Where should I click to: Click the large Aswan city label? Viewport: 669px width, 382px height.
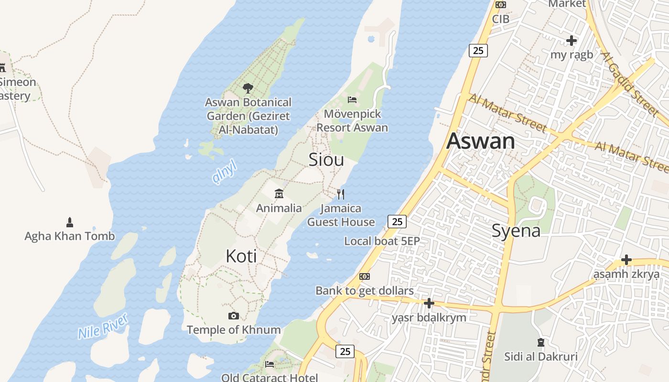coord(481,141)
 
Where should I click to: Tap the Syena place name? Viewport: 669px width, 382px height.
coord(516,231)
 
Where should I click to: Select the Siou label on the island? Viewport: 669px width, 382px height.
coord(326,159)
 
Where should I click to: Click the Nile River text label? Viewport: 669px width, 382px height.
coord(103,326)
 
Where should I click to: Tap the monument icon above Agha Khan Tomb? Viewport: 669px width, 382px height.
coord(70,222)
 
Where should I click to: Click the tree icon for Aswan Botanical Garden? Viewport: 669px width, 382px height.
coord(248,88)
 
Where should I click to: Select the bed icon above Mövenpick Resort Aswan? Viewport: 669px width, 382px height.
coord(352,100)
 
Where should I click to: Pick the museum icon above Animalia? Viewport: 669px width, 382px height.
coord(279,193)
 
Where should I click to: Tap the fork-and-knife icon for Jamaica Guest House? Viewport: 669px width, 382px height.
coord(341,194)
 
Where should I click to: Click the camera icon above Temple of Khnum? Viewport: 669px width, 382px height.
coord(234,316)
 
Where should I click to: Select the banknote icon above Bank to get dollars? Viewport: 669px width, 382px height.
coord(365,276)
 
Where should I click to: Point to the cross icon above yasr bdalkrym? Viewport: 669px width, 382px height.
coord(429,303)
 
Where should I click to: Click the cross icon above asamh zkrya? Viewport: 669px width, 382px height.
coord(626,260)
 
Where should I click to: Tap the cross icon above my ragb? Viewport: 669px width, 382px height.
coord(571,41)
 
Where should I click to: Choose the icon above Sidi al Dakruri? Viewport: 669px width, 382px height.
coord(541,342)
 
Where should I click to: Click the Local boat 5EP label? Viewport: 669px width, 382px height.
coord(382,241)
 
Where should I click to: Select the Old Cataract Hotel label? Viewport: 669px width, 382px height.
coord(270,378)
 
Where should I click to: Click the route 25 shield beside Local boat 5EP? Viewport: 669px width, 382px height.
coord(397,222)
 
